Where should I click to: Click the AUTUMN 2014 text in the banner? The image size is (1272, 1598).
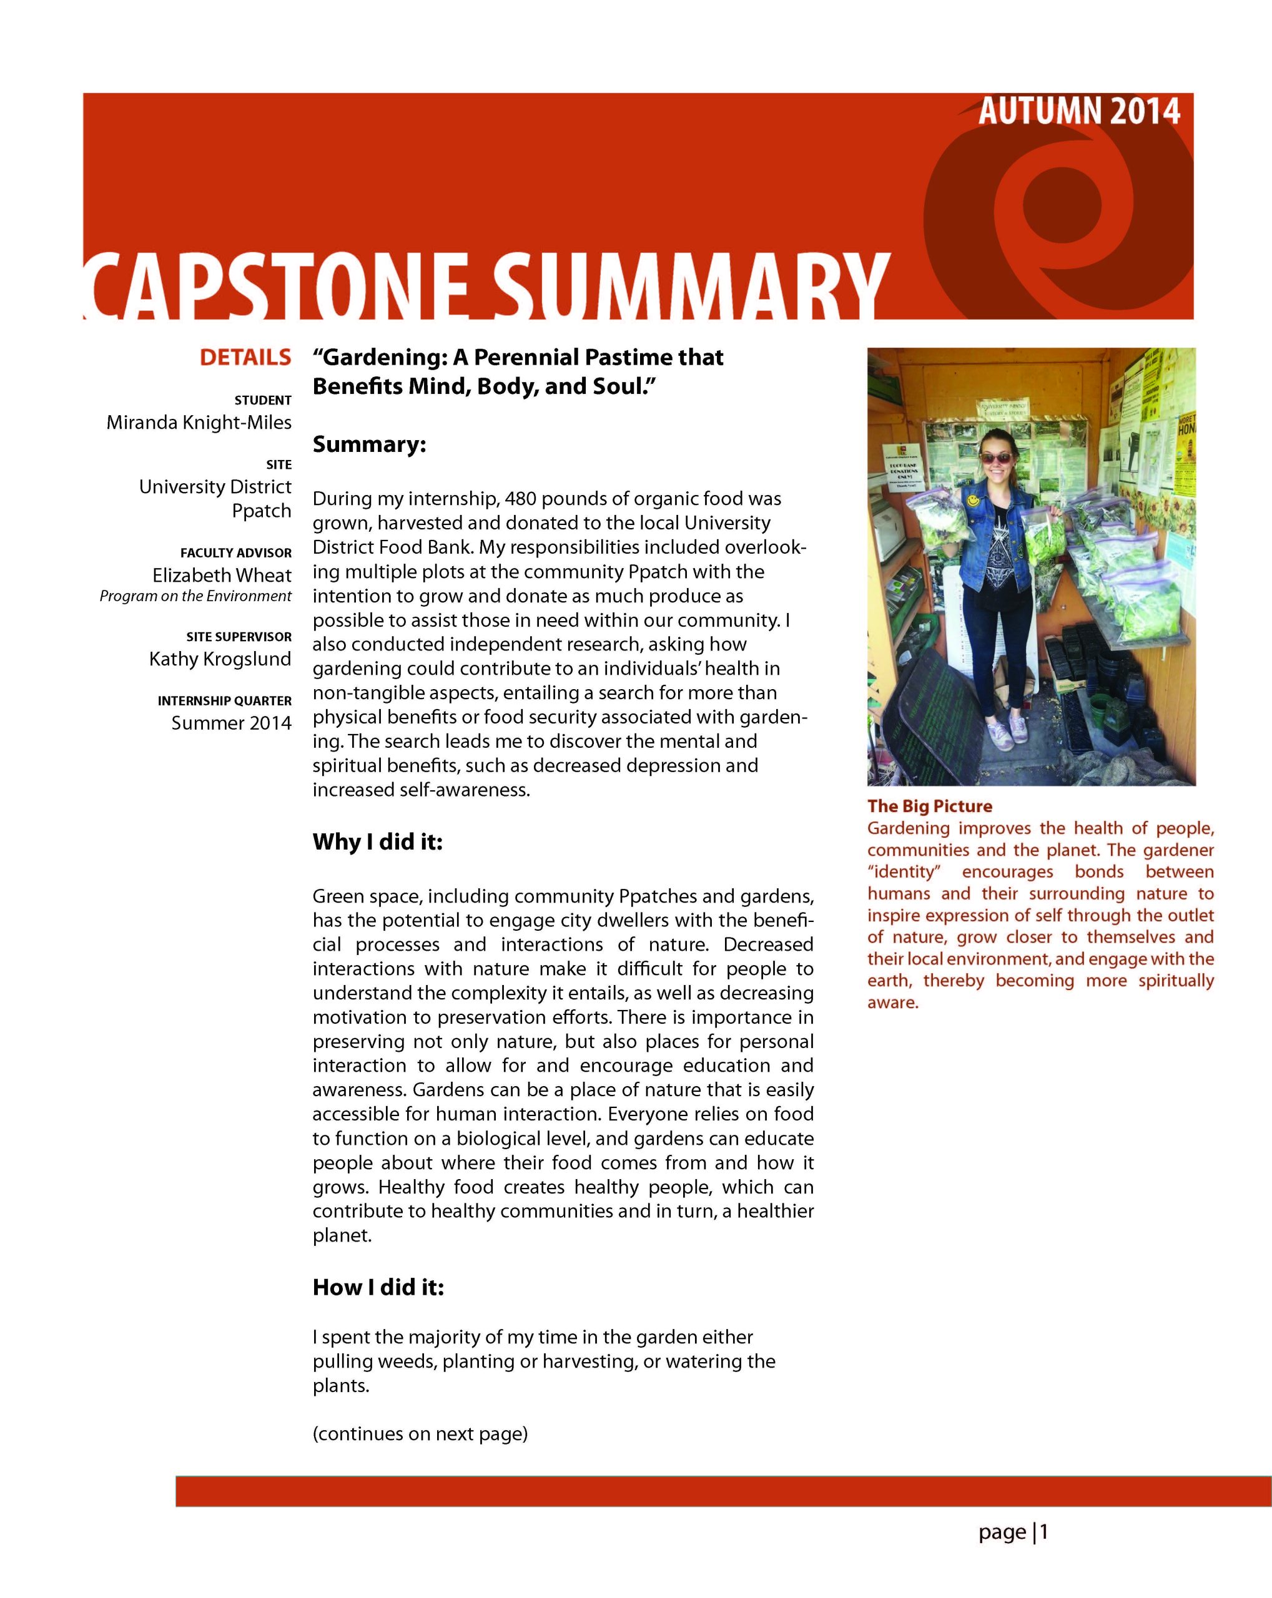pos(1078,111)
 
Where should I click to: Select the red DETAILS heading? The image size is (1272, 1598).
pos(245,357)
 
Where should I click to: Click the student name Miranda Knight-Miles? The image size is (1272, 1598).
pos(199,423)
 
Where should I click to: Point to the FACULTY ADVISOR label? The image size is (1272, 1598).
pos(235,553)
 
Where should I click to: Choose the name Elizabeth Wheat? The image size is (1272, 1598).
pos(222,575)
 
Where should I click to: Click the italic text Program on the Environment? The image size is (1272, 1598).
pos(195,597)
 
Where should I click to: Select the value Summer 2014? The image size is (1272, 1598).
pos(231,723)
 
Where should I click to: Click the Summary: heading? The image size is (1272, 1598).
pos(369,444)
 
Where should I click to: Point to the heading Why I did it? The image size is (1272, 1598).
pos(377,842)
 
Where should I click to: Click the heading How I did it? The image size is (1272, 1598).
pos(378,1287)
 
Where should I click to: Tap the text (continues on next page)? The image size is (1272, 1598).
pos(420,1433)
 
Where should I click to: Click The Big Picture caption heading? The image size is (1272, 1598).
pos(930,806)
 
